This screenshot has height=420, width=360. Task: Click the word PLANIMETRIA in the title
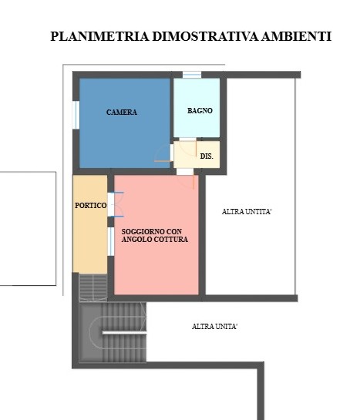tap(99, 36)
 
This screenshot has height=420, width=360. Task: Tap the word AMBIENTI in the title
tap(296, 36)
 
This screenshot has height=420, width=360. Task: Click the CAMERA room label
tap(122, 113)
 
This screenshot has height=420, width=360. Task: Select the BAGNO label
tap(200, 111)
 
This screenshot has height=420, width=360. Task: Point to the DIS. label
tap(207, 156)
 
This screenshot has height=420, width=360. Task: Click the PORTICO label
tap(90, 206)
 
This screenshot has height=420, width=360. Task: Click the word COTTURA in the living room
tap(170, 239)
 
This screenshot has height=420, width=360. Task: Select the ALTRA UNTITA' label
tap(247, 212)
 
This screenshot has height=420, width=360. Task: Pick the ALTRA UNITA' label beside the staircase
tap(214, 327)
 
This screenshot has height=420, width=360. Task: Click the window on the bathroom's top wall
tap(192, 75)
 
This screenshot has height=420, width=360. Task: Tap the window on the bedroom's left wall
tap(76, 115)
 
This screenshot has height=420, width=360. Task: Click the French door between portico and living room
tap(111, 205)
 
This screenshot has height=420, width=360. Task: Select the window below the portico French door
tap(111, 242)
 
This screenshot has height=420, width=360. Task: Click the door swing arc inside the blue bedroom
tap(162, 154)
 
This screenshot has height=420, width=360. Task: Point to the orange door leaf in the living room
tap(193, 182)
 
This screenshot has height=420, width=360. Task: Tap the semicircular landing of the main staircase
tap(96, 332)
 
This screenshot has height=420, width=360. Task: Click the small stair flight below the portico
tap(93, 287)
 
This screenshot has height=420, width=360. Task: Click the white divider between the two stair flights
tap(124, 332)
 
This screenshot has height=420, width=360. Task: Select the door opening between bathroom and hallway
tap(187, 139)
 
